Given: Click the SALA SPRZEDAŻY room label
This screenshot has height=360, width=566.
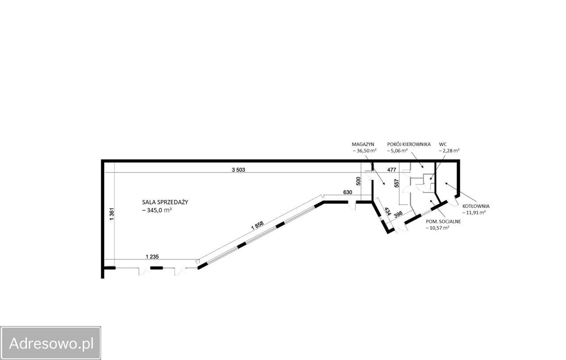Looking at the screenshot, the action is pyautogui.click(x=165, y=202).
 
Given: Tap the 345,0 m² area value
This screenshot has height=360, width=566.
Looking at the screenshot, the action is pyautogui.click(x=160, y=210).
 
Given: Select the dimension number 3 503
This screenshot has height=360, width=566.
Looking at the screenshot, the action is pyautogui.click(x=238, y=170).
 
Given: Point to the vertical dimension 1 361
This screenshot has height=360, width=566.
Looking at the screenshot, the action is pyautogui.click(x=112, y=214).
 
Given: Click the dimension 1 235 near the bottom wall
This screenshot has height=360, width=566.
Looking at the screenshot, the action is pyautogui.click(x=152, y=257).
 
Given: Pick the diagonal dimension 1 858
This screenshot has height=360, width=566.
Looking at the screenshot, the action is pyautogui.click(x=257, y=225).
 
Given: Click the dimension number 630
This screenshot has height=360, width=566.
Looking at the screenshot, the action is pyautogui.click(x=348, y=192).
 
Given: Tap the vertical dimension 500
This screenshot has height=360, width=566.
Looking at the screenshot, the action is pyautogui.click(x=358, y=181).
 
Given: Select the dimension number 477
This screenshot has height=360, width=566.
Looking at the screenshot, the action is pyautogui.click(x=392, y=170).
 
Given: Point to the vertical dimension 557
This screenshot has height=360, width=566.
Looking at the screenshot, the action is pyautogui.click(x=397, y=183).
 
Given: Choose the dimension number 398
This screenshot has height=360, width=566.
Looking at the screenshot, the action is pyautogui.click(x=398, y=214).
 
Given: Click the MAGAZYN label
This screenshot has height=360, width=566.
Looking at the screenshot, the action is pyautogui.click(x=363, y=144).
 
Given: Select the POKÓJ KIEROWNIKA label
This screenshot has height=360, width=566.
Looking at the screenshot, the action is pyautogui.click(x=409, y=144).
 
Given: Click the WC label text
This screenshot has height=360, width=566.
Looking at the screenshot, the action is pyautogui.click(x=443, y=144).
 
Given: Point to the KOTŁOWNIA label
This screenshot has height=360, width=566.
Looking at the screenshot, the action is pyautogui.click(x=476, y=206).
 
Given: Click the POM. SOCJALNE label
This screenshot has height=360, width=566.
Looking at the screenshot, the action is pyautogui.click(x=443, y=222).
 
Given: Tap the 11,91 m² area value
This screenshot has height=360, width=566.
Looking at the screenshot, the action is pyautogui.click(x=474, y=213).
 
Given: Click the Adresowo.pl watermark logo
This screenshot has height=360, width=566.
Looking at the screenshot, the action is pyautogui.click(x=50, y=343).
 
